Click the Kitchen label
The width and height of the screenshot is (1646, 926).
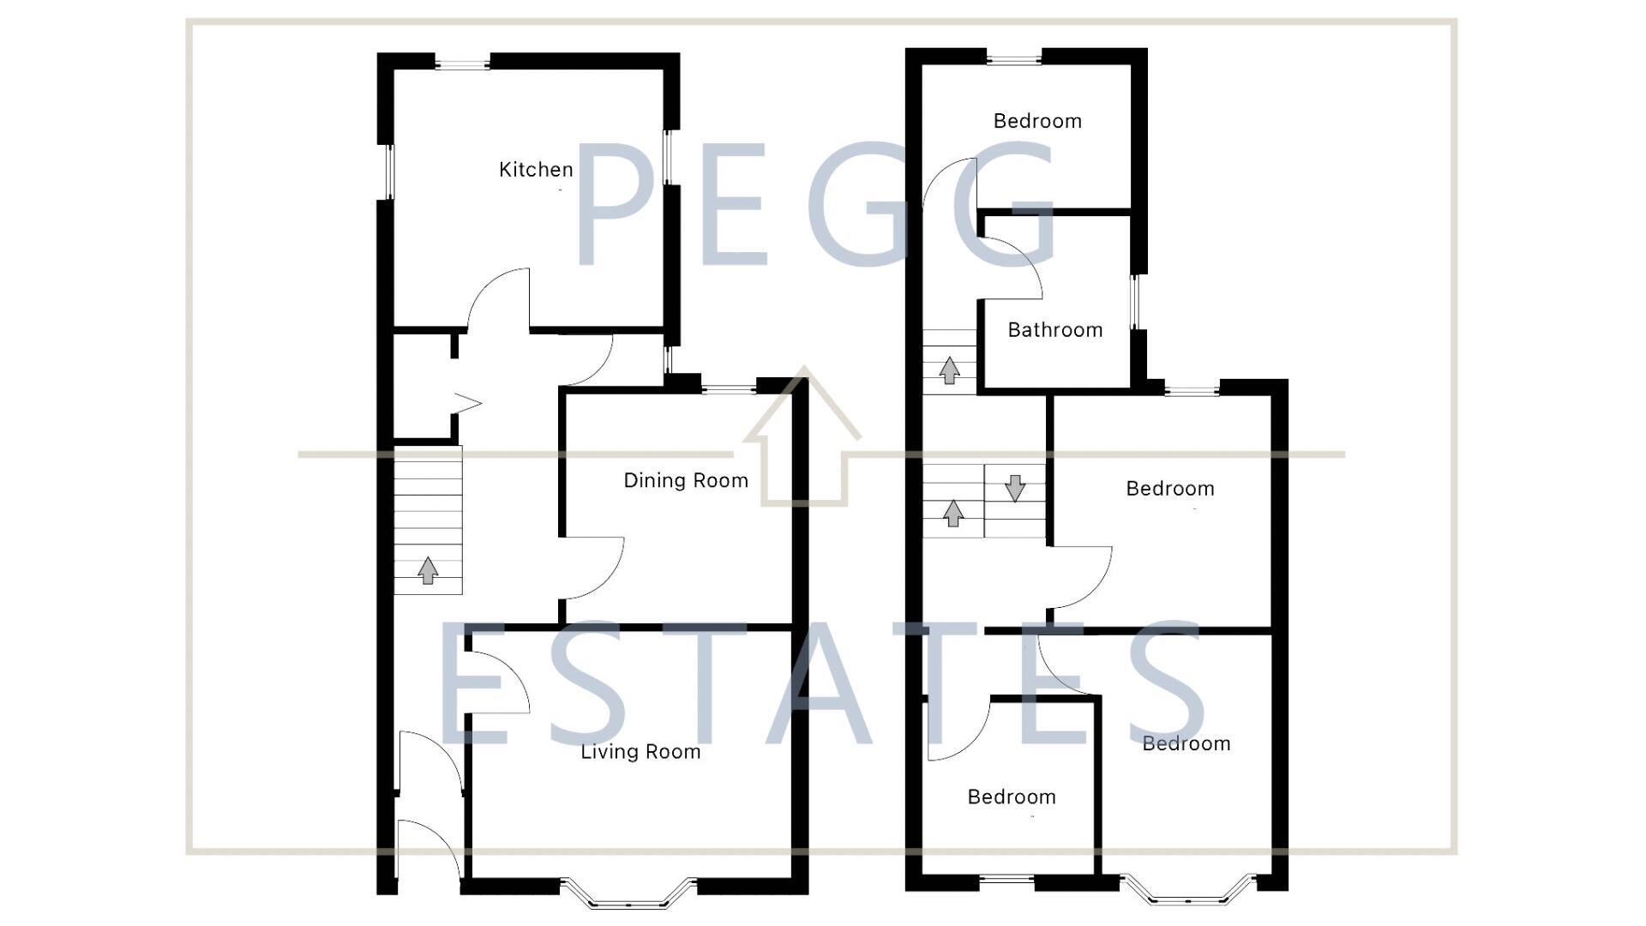coord(536,170)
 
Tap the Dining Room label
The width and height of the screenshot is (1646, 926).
coord(686,480)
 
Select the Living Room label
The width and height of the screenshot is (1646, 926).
coord(640,752)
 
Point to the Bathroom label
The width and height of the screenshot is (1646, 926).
coord(1054,330)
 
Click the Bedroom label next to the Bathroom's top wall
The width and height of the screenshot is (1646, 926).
coord(1037,121)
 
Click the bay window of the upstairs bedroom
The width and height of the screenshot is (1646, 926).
coord(1188,893)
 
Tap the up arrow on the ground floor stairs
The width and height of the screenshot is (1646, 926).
coord(428,570)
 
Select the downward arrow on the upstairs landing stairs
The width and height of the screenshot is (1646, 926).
coord(1015,488)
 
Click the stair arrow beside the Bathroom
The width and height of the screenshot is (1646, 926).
coord(949,370)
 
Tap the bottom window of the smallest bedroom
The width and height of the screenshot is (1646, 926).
coord(1006,879)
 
